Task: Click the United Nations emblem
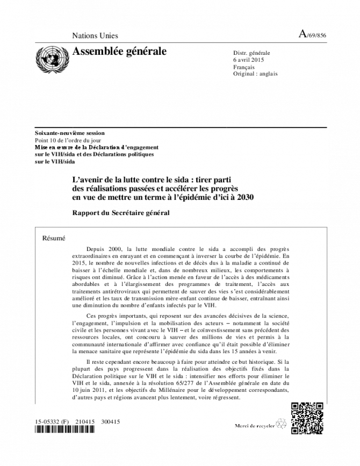pyautogui.click(x=49, y=60)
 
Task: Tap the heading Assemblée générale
pyautogui.click(x=119, y=52)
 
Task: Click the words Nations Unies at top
pyautogui.click(x=95, y=36)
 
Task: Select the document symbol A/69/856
pyautogui.click(x=313, y=35)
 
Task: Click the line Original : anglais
pyautogui.click(x=255, y=74)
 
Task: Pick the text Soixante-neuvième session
pyautogui.click(x=70, y=133)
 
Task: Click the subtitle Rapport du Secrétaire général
pyautogui.click(x=121, y=213)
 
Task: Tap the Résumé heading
pyautogui.click(x=54, y=238)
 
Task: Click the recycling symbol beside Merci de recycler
pyautogui.click(x=280, y=424)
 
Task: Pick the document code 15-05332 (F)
pyautogui.click(x=52, y=422)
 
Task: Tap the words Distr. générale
pyautogui.click(x=251, y=53)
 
